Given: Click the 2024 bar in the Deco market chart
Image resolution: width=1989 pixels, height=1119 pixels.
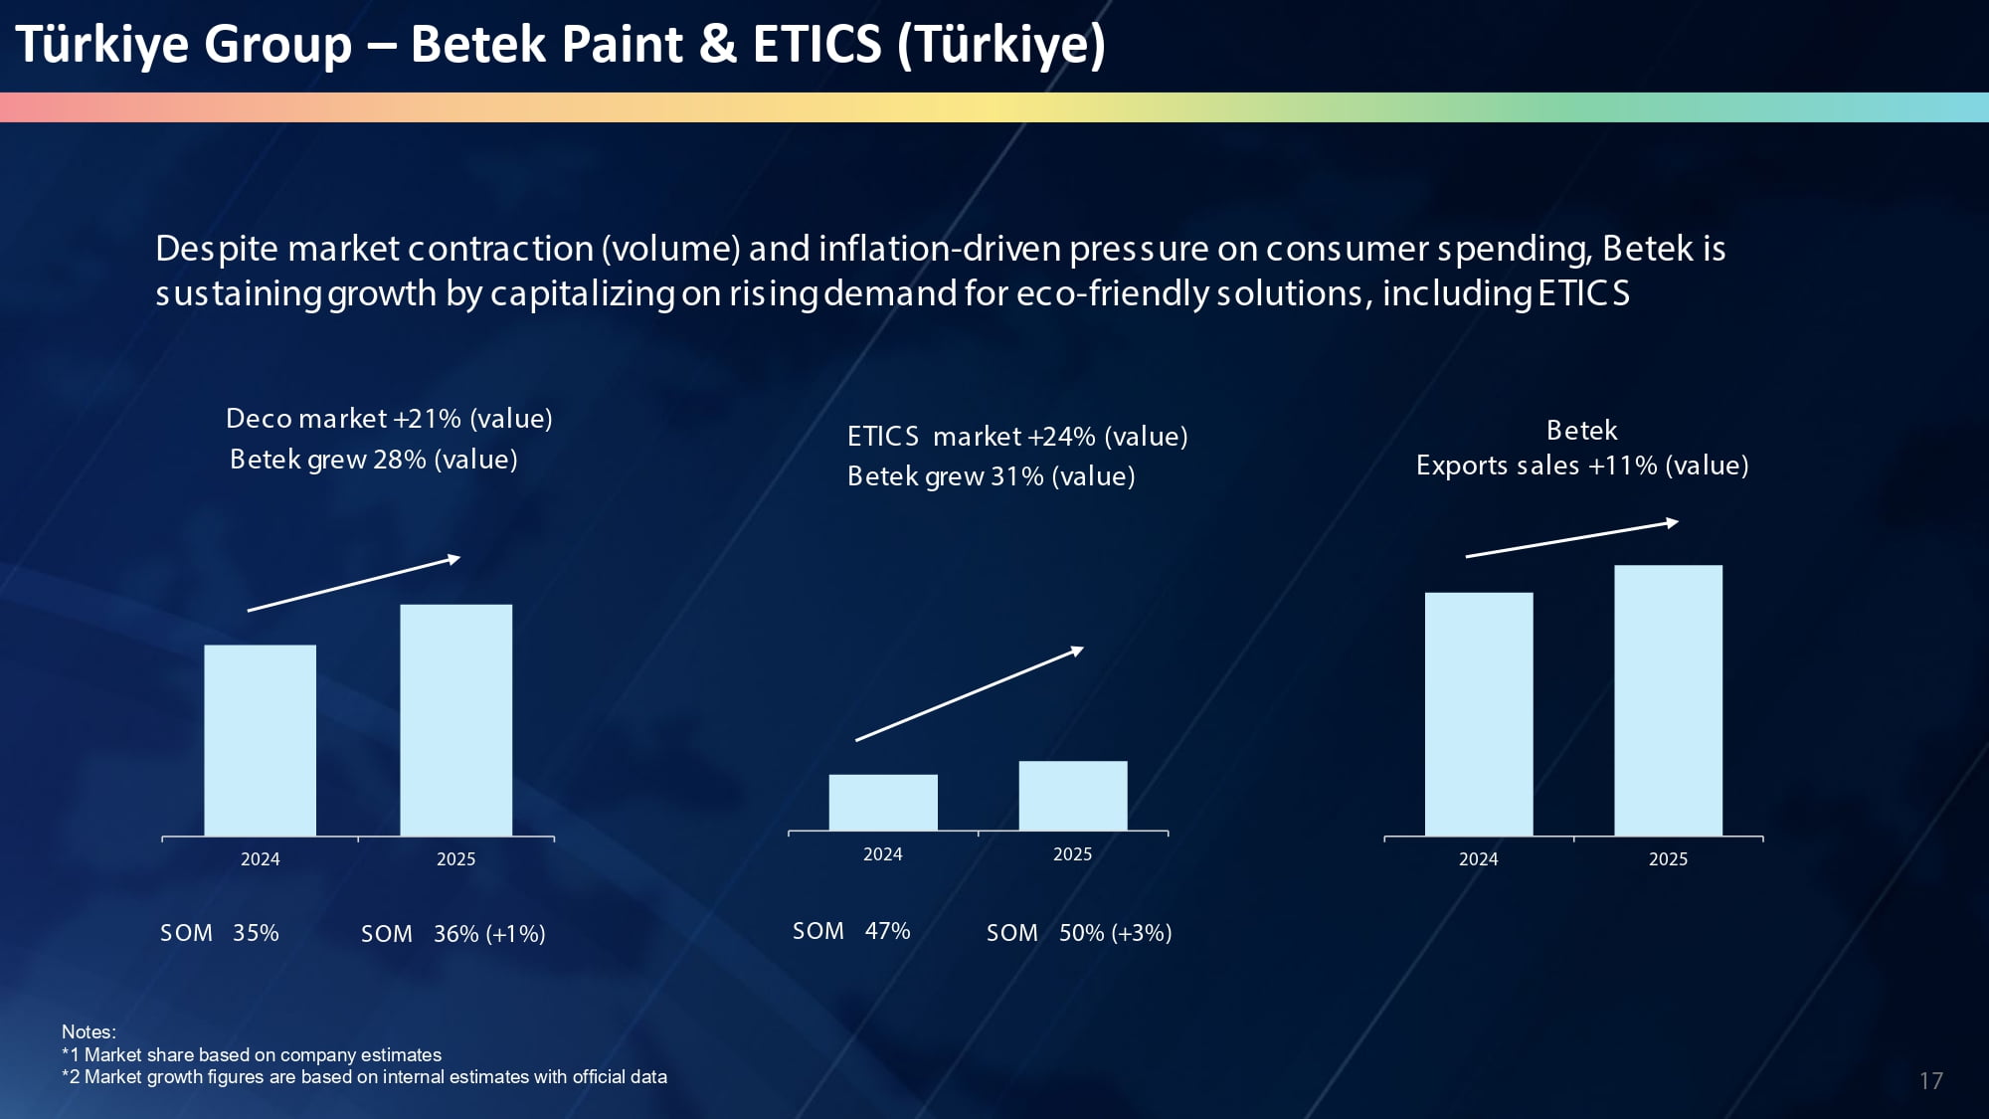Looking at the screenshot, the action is point(261,740).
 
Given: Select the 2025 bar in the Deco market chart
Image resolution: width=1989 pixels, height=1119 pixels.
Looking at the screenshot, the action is point(456,720).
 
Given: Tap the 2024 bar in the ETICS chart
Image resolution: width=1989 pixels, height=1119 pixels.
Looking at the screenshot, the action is point(883,802).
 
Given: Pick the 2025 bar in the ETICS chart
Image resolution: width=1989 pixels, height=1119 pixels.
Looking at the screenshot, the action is point(1073,796).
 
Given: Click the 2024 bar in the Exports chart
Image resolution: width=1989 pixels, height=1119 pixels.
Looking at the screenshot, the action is point(1479,714).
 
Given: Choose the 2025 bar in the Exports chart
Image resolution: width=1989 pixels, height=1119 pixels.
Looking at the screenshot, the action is point(1669,700).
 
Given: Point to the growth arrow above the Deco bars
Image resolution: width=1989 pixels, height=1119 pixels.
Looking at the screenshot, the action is point(354,584).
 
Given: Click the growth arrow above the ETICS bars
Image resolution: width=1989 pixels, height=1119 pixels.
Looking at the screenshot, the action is point(970,693).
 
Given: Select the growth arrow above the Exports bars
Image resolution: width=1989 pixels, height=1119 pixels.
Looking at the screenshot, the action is point(1572,538).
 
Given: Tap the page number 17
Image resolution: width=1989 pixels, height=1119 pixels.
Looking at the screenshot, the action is point(1931,1081).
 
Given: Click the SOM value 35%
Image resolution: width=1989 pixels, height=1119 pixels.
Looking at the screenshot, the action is point(256,933).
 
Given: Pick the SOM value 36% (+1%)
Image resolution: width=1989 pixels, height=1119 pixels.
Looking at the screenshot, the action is point(489,934).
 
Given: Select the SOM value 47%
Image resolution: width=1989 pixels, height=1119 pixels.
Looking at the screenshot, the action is point(887,931).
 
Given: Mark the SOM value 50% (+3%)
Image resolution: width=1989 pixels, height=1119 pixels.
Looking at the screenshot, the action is point(1115,933).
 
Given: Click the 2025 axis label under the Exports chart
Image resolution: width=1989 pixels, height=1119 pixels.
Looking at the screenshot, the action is point(1669,859).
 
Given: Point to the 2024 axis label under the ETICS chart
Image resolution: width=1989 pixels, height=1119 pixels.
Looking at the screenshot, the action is point(883,854).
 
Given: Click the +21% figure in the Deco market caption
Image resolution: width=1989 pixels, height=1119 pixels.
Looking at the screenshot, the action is point(428,419).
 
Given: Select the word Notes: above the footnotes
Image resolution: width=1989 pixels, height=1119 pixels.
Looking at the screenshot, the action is point(89,1032).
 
